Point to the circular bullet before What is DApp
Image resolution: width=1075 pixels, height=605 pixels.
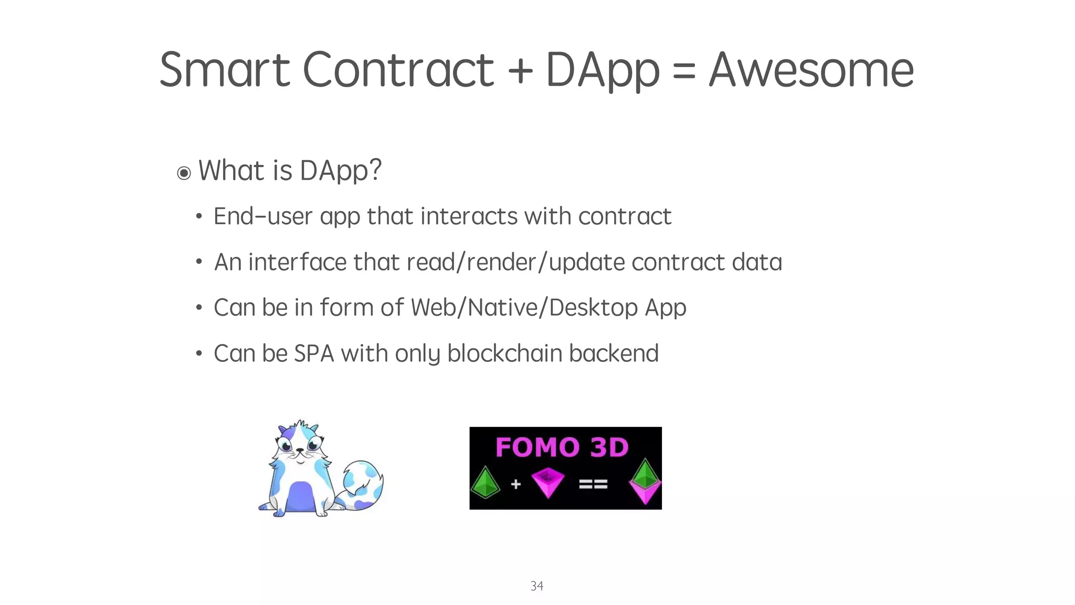[x=184, y=173]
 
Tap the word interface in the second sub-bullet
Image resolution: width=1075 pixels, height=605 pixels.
[x=297, y=262]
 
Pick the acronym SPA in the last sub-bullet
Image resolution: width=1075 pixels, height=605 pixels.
[x=314, y=353]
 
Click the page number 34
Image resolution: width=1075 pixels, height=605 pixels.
[x=537, y=586]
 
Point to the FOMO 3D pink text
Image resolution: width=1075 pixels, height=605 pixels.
[x=562, y=447]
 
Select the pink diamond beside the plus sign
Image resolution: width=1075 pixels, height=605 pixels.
[x=547, y=482]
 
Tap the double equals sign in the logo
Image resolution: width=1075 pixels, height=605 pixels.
[x=593, y=484]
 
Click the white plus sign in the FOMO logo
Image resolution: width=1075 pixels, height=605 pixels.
[x=516, y=484]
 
